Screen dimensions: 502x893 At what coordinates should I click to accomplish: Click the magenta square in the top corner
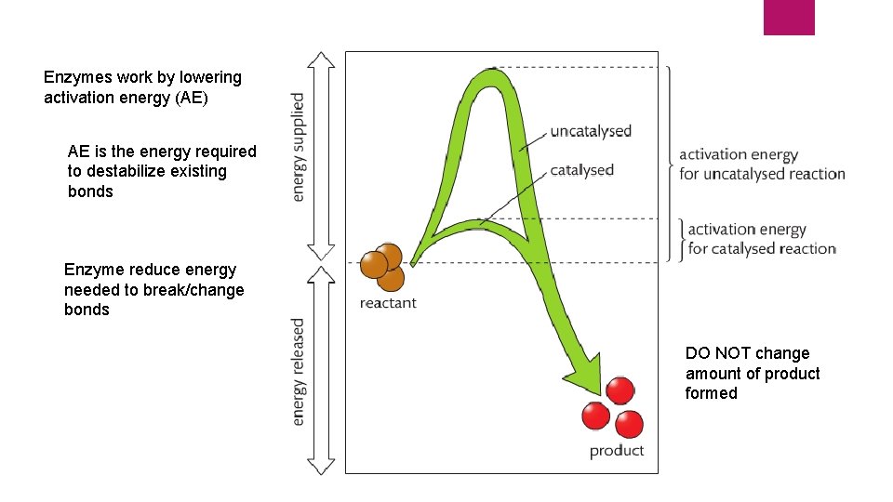tap(789, 17)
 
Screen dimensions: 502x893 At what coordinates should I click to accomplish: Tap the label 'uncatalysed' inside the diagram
tap(591, 131)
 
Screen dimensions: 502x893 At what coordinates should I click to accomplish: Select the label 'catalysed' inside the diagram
tap(581, 170)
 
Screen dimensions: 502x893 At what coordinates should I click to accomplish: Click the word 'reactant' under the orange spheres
tap(388, 303)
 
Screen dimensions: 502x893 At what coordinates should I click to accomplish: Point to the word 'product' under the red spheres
tap(616, 451)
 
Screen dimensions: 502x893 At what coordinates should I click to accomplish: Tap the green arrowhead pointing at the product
tap(584, 379)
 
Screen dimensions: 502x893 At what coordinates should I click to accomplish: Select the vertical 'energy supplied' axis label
tap(299, 146)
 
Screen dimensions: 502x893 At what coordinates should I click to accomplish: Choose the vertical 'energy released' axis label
tap(299, 372)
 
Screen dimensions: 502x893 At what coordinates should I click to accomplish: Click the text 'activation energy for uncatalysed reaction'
tap(762, 165)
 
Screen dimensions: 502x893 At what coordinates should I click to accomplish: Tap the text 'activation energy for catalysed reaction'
tap(761, 239)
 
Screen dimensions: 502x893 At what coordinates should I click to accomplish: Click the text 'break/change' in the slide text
tap(199, 290)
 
